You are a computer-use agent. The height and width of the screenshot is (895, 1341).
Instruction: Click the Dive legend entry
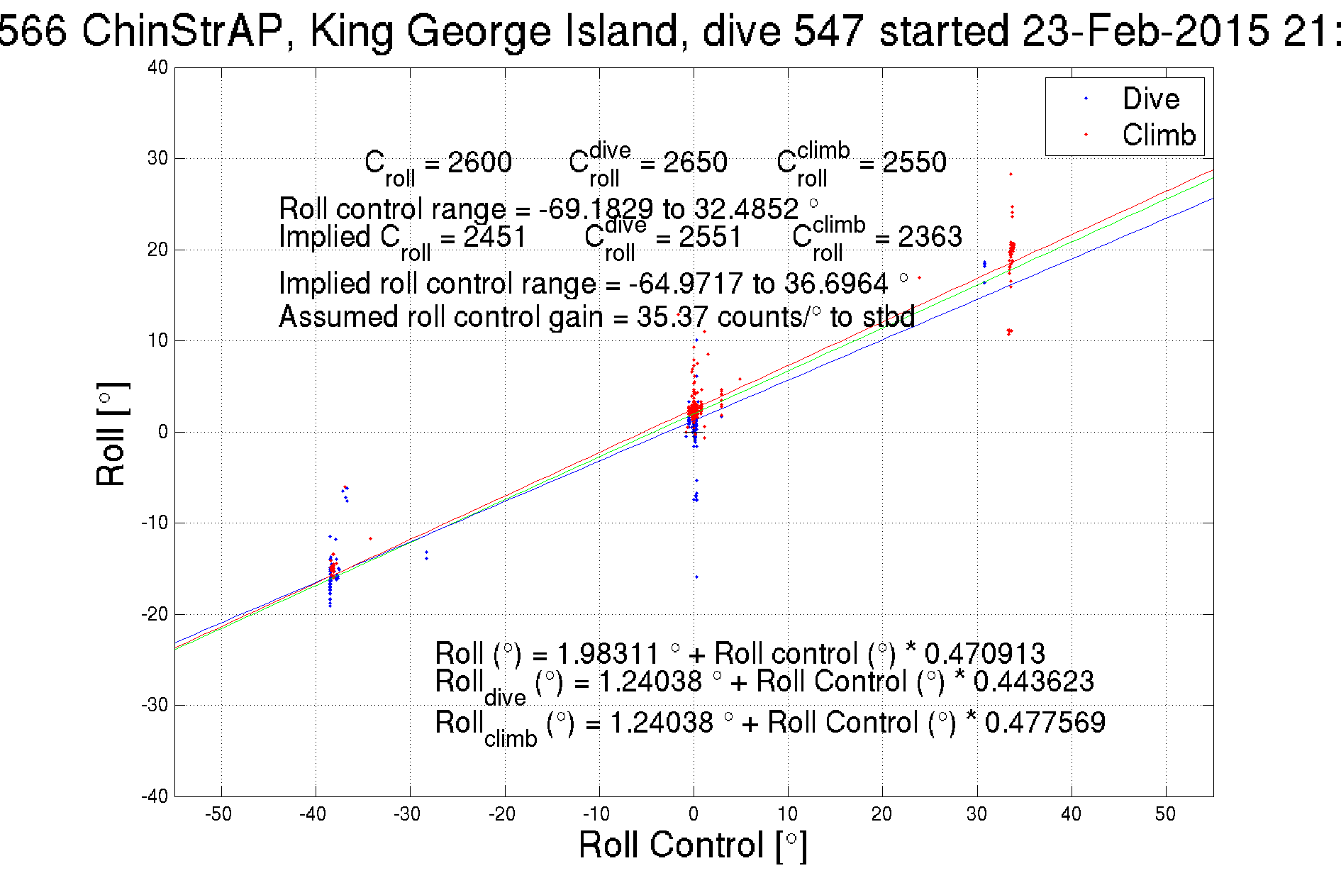click(1150, 99)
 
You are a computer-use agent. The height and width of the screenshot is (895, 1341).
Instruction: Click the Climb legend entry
click(1158, 135)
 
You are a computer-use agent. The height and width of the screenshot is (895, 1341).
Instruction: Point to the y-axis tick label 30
click(157, 158)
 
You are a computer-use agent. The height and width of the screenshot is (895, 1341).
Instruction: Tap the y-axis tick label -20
click(154, 614)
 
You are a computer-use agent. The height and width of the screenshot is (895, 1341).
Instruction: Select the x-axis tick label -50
click(218, 814)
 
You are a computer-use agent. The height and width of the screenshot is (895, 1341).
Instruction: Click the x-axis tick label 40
click(1071, 814)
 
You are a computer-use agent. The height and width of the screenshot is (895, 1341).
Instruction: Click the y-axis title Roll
click(111, 435)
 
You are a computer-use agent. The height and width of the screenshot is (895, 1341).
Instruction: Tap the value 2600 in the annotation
click(479, 162)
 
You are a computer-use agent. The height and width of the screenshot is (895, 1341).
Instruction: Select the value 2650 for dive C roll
click(695, 162)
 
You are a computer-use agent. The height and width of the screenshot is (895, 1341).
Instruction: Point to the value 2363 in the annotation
click(930, 237)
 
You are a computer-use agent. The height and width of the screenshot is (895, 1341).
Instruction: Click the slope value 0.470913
click(984, 653)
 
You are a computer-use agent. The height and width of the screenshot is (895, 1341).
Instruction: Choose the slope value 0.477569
click(1045, 723)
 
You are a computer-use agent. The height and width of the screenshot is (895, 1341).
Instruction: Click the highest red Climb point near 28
click(1011, 174)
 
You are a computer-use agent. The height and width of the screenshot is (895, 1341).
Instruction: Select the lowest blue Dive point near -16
click(696, 577)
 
